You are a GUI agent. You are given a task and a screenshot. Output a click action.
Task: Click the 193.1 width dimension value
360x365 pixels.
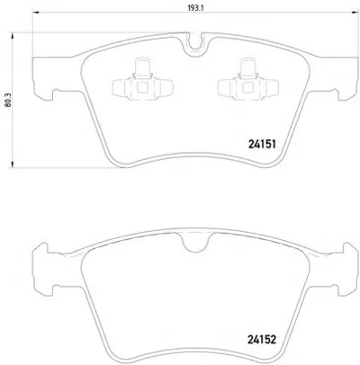click(x=196, y=8)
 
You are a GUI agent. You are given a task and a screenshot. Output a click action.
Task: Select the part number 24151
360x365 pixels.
click(x=262, y=145)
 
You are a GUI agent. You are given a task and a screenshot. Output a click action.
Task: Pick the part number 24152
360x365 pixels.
click(x=262, y=340)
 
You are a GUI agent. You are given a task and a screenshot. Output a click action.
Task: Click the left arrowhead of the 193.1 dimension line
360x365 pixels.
click(x=36, y=13)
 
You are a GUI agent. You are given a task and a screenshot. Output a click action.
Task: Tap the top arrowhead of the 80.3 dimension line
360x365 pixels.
click(x=13, y=36)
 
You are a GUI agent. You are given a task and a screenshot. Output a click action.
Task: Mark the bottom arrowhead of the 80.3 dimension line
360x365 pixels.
click(x=13, y=164)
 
